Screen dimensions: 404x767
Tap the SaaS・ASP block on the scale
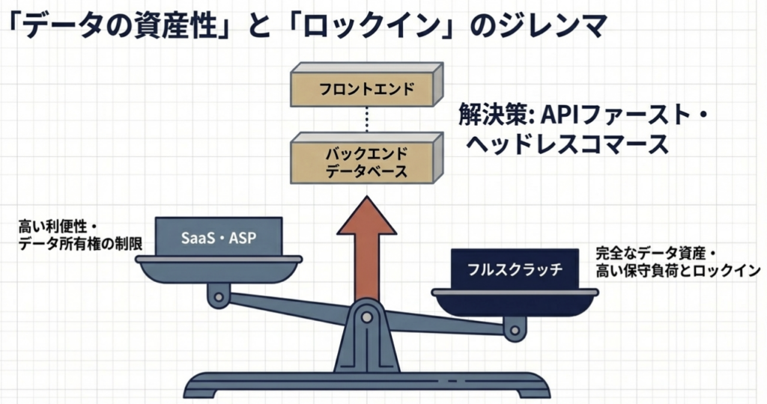click(x=219, y=238)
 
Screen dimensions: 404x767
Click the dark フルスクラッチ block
click(x=514, y=270)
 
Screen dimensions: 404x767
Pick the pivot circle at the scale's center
click(x=366, y=317)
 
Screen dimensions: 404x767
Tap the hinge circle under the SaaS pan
click(x=219, y=297)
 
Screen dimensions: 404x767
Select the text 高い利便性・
click(x=59, y=225)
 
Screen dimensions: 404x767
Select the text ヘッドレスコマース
click(x=567, y=144)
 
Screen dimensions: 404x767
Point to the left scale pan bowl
click(x=219, y=270)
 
